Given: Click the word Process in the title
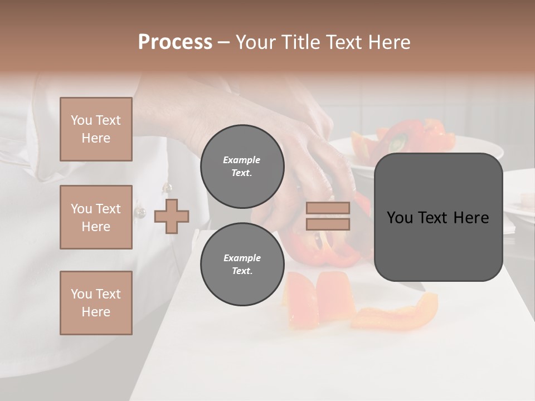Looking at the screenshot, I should point(175,42).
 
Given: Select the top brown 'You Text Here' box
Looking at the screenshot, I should point(96,129).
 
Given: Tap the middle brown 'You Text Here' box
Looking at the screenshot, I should point(96,217).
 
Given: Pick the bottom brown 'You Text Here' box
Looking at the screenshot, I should point(96,303).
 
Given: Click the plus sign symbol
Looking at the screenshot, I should point(172,216).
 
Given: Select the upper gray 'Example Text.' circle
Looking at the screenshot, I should point(242,167).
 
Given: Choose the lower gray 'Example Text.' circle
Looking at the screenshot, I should point(242,265).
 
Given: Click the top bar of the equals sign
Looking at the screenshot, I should point(328,208).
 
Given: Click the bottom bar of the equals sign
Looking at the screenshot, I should point(328,224).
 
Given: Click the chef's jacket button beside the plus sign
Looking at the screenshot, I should point(140,212).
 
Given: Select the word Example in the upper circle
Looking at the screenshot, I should point(242,160).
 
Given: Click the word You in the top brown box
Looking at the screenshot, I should point(81,120).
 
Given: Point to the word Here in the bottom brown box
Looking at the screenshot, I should point(96,312).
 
